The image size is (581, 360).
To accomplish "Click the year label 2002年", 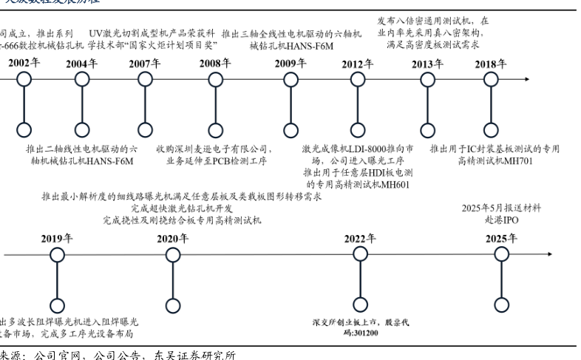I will [24, 64].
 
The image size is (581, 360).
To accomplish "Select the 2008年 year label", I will [214, 64].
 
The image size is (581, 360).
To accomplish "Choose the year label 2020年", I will [173, 238].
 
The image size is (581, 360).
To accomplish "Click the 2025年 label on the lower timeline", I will [501, 238].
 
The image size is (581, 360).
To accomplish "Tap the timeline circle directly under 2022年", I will [360, 254].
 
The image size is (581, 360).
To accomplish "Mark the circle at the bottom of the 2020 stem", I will [173, 305].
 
